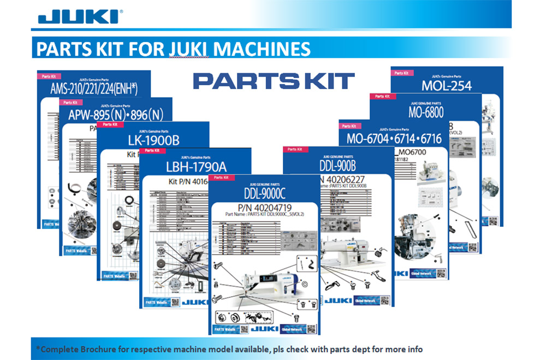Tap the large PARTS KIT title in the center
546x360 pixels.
(274, 81)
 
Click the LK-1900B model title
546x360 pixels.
(153, 140)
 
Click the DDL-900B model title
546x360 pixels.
(336, 166)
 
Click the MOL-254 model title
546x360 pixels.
(446, 86)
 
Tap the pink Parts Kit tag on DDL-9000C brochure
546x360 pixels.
(221, 178)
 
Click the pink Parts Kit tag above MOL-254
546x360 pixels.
(402, 72)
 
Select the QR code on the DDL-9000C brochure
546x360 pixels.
(311, 329)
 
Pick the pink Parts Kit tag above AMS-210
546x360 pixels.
(48, 76)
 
